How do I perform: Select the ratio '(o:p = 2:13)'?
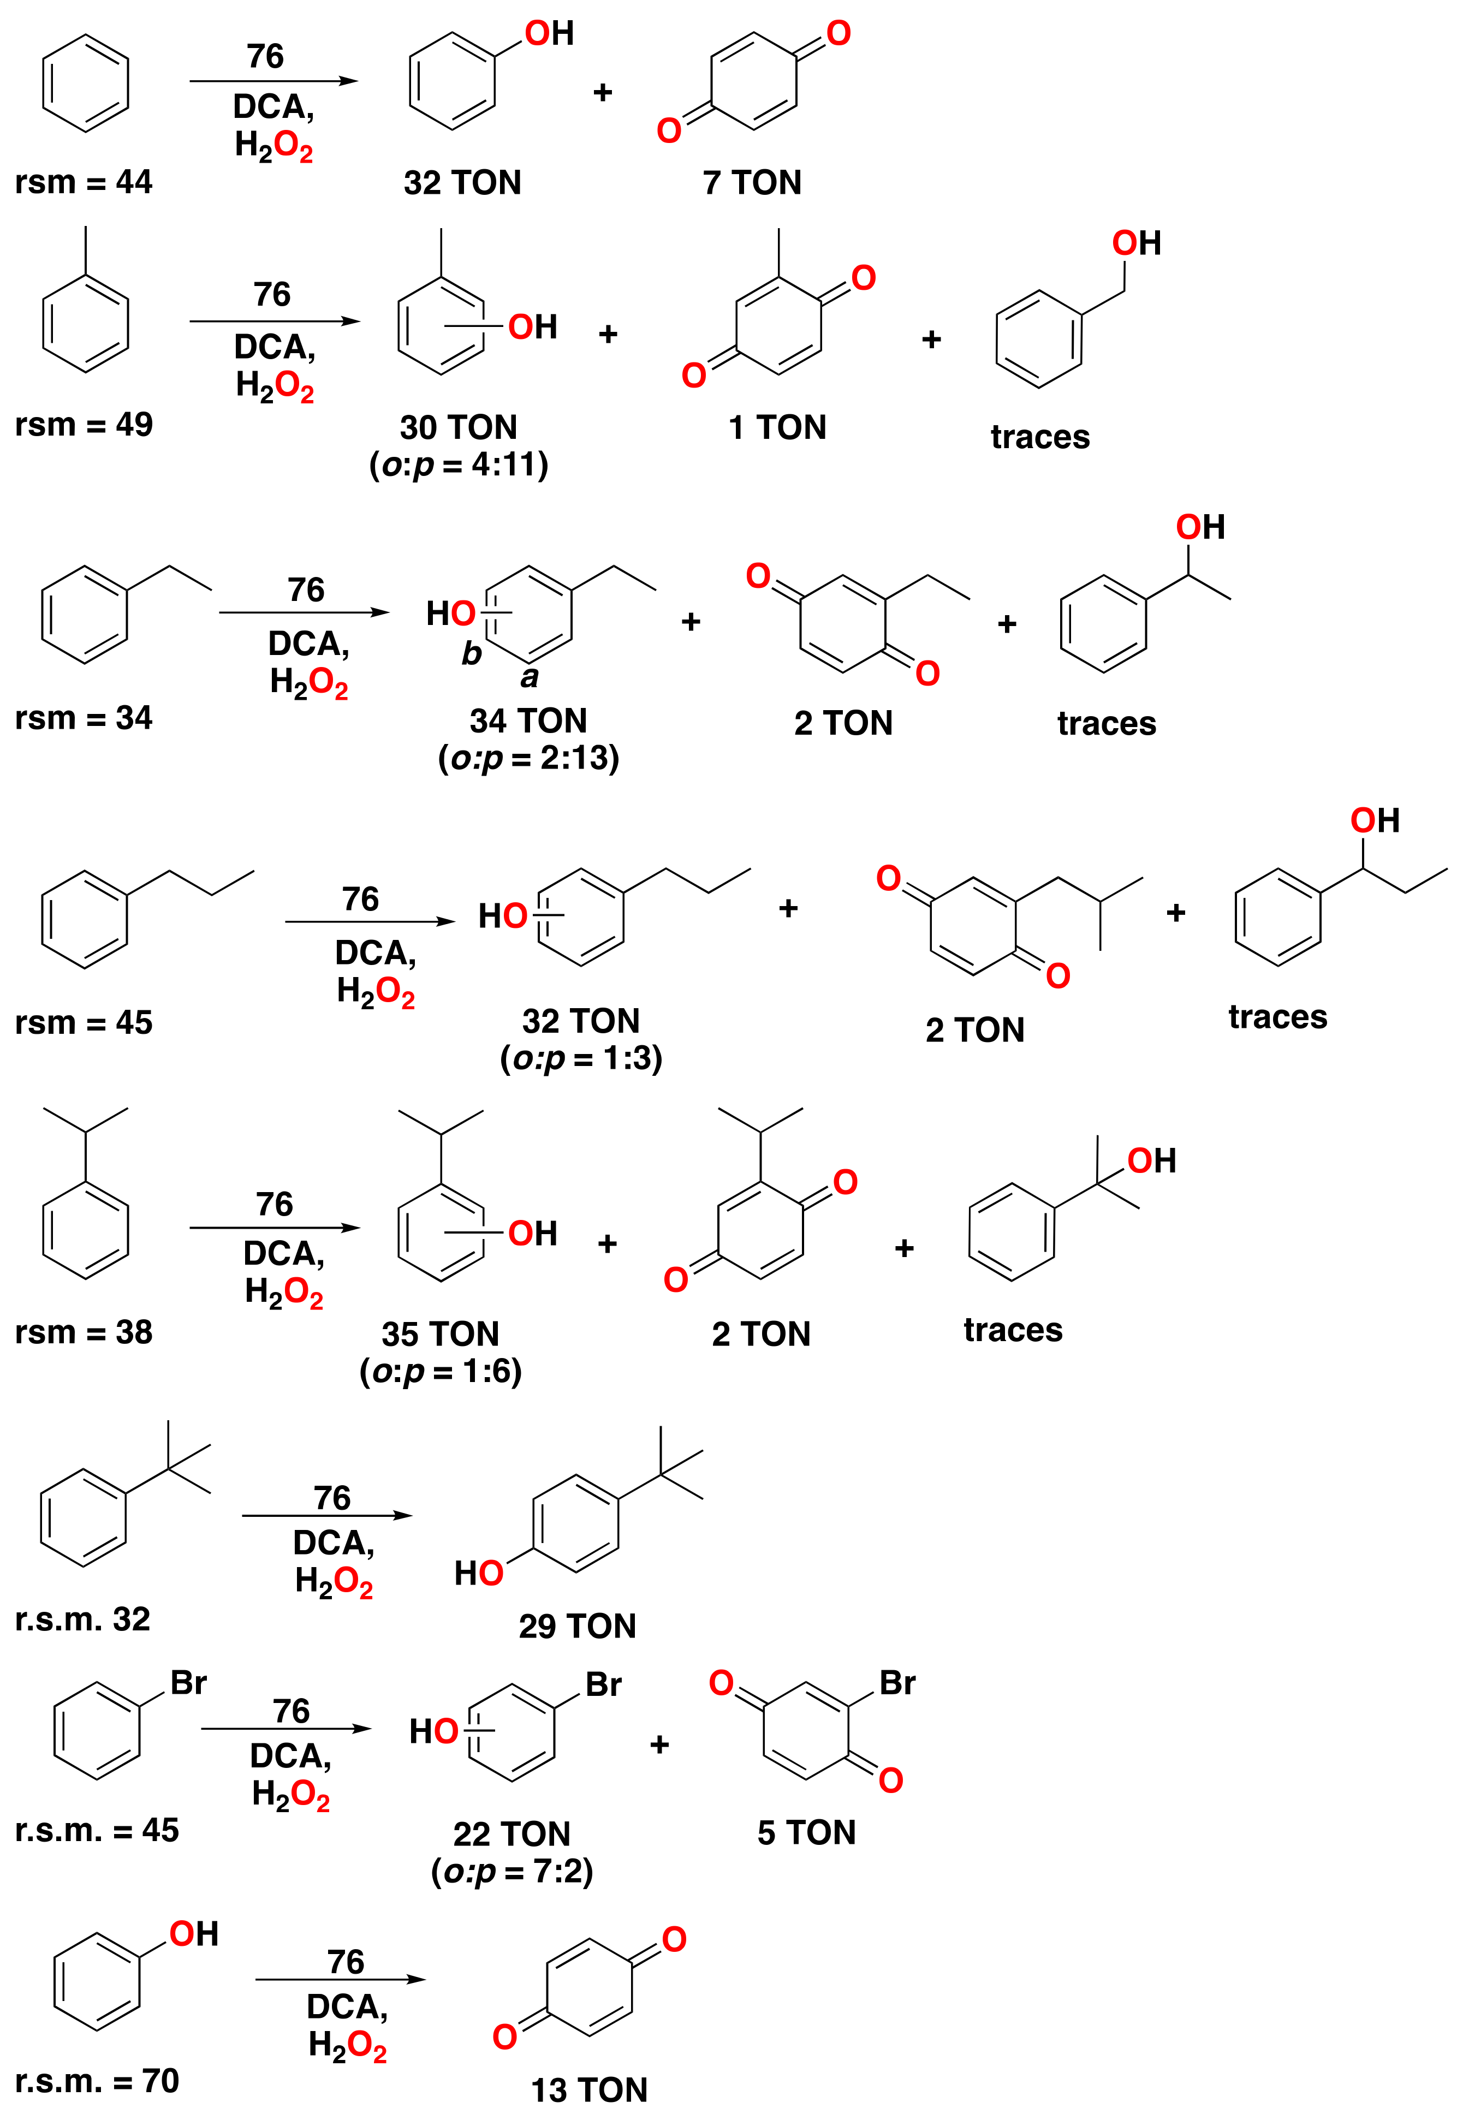tap(529, 758)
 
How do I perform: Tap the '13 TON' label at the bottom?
tap(590, 2090)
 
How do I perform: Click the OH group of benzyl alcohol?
tap(1136, 243)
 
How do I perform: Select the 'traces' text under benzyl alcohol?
tap(1040, 437)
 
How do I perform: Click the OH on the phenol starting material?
tap(193, 1934)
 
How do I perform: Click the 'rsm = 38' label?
tap(84, 1332)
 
